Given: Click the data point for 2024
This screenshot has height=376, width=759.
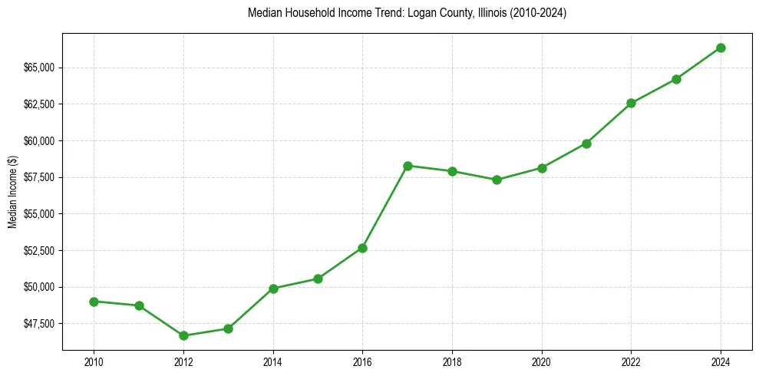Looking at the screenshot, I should (721, 48).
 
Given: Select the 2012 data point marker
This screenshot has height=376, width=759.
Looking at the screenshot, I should (183, 335).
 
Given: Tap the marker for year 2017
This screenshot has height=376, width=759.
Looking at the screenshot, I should (408, 166).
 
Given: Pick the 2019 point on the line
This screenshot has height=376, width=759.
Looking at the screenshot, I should (497, 180).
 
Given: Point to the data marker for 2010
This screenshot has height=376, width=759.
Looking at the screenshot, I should (94, 302).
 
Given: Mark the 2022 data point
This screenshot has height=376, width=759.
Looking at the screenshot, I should (631, 103).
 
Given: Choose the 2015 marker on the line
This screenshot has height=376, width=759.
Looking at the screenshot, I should (318, 279).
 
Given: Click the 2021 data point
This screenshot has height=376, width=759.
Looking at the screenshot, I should (586, 143).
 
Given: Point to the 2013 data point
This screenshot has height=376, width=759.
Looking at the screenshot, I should (228, 328).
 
